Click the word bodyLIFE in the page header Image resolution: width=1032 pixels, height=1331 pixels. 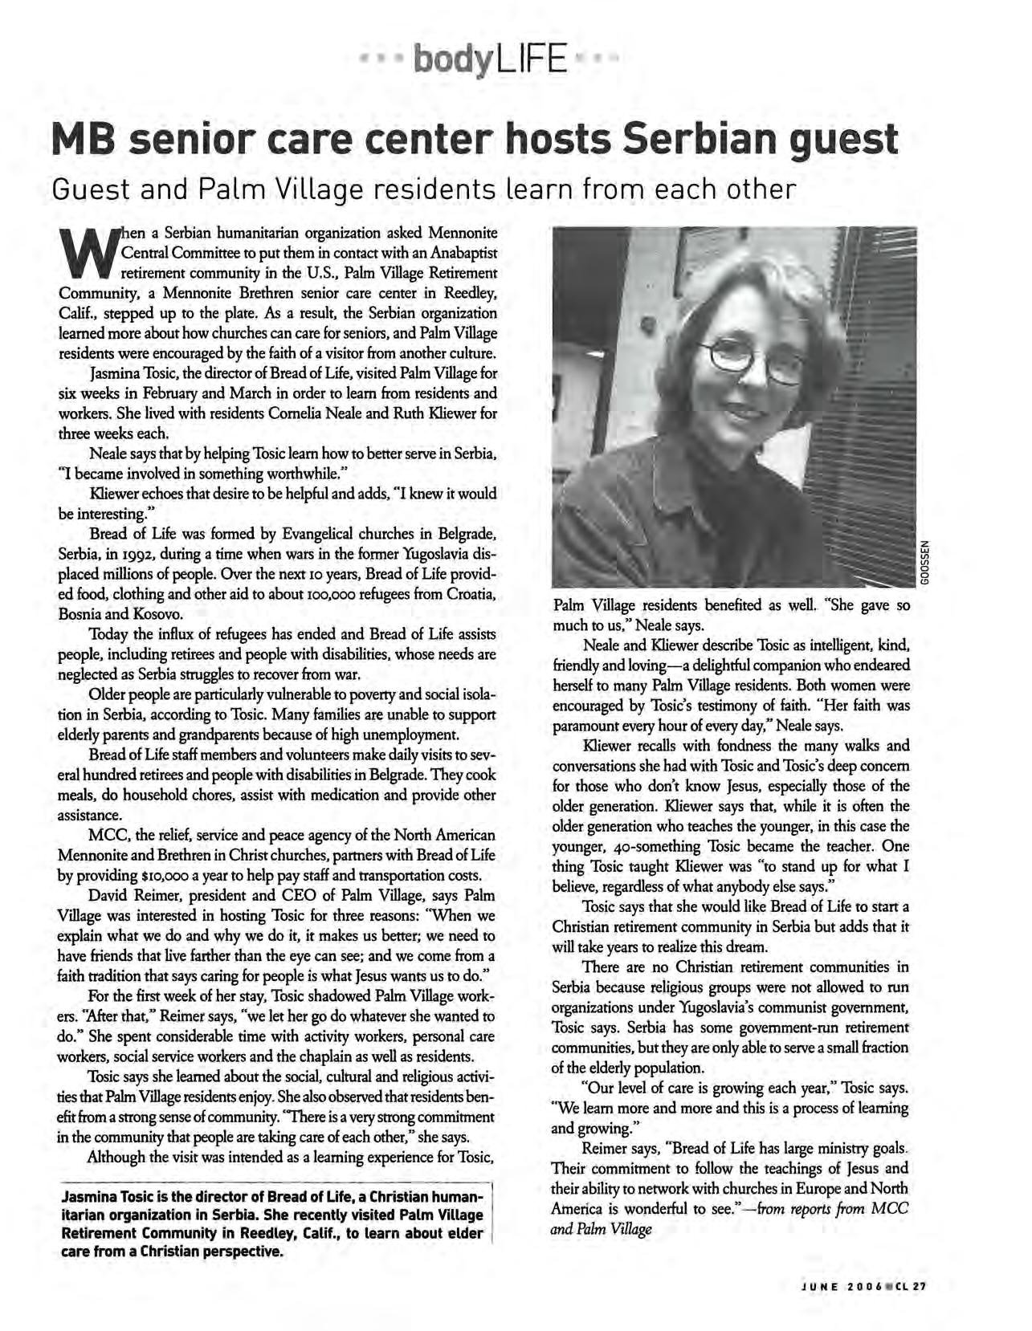tap(488, 59)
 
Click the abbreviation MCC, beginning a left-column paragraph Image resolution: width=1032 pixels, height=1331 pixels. tap(108, 834)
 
